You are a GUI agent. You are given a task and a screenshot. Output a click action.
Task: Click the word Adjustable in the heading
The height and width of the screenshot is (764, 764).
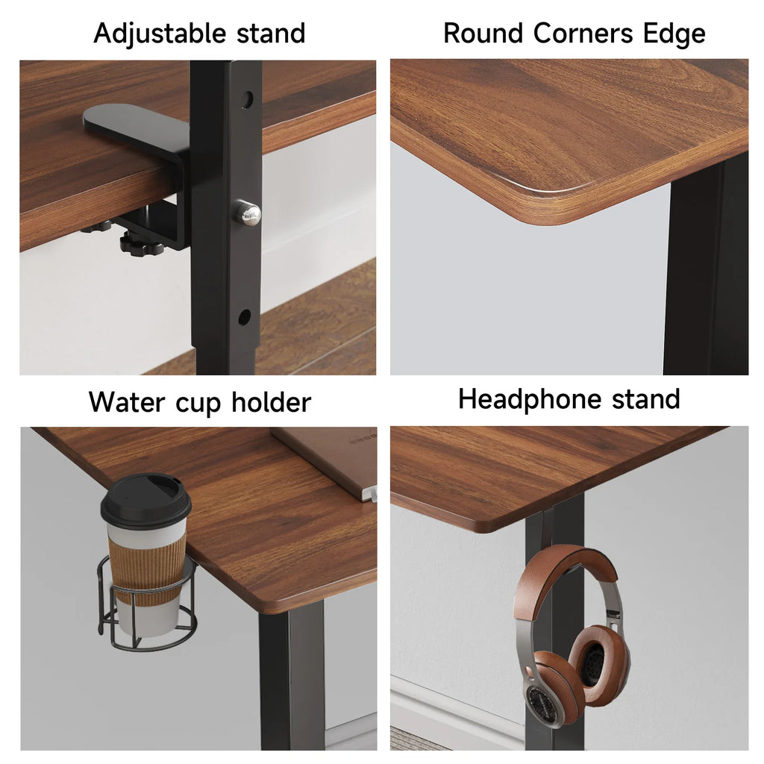[x=160, y=34]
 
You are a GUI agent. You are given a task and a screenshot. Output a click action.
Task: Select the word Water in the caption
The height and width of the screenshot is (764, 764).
[x=125, y=401]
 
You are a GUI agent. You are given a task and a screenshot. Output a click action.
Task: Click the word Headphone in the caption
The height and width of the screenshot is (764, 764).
[x=530, y=398]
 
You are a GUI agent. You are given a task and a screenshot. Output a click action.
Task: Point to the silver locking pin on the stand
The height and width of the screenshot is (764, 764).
[x=248, y=214]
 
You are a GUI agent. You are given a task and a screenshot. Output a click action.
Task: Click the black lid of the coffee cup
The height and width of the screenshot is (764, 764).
[x=145, y=501]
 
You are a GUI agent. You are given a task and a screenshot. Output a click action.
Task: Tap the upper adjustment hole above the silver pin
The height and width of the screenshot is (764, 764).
[x=247, y=99]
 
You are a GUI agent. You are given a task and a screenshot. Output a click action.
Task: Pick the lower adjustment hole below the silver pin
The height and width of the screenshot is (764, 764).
[x=244, y=317]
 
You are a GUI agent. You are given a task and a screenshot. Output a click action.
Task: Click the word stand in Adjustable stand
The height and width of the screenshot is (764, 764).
[x=271, y=34]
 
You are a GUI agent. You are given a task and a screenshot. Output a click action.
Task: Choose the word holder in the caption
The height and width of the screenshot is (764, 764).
[x=270, y=401]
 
